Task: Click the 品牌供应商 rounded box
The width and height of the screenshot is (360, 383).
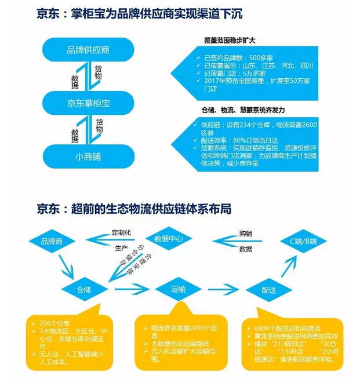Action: [x=88, y=50]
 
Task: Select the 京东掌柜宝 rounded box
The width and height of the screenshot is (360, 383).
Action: [x=88, y=103]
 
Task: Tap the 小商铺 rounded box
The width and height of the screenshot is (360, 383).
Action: [x=88, y=156]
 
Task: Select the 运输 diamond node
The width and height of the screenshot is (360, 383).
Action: [x=178, y=289]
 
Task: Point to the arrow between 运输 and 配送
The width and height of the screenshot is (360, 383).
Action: [x=223, y=289]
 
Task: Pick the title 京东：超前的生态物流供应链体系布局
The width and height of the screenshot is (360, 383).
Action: [x=133, y=209]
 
